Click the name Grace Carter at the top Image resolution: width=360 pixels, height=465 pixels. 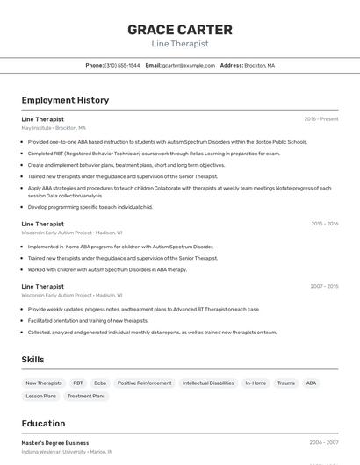[x=180, y=29]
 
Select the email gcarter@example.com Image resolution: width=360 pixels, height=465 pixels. [x=187, y=65]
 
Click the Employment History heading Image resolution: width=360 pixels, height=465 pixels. [x=65, y=100]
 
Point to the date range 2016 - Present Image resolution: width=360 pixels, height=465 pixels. [x=321, y=119]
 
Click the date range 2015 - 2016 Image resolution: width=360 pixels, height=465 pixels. [x=324, y=224]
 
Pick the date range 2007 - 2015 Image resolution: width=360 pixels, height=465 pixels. [x=324, y=286]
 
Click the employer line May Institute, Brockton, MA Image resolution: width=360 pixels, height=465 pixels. [x=54, y=128]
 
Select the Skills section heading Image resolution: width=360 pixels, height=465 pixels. [x=32, y=360]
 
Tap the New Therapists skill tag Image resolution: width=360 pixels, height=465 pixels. [x=44, y=383]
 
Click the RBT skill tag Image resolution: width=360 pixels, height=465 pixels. [x=78, y=383]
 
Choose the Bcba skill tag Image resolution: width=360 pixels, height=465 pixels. [x=100, y=383]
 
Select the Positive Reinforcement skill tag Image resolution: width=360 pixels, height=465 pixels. [x=144, y=383]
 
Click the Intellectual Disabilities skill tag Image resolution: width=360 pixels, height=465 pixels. [x=208, y=383]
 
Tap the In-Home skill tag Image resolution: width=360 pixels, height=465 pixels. [x=256, y=383]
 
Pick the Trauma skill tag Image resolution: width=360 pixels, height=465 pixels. [x=285, y=383]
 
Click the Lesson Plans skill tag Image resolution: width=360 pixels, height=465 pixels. [x=40, y=396]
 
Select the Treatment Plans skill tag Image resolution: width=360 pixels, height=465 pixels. [x=86, y=396]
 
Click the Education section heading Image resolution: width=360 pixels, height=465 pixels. [x=43, y=423]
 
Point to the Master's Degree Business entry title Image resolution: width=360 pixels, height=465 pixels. [x=55, y=443]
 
